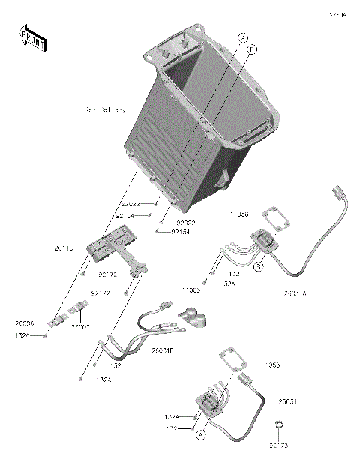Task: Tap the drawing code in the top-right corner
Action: (x=335, y=15)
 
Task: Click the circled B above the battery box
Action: (x=253, y=49)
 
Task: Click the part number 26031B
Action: (x=163, y=349)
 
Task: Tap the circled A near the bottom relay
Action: (x=201, y=433)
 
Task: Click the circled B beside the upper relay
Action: (x=257, y=266)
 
